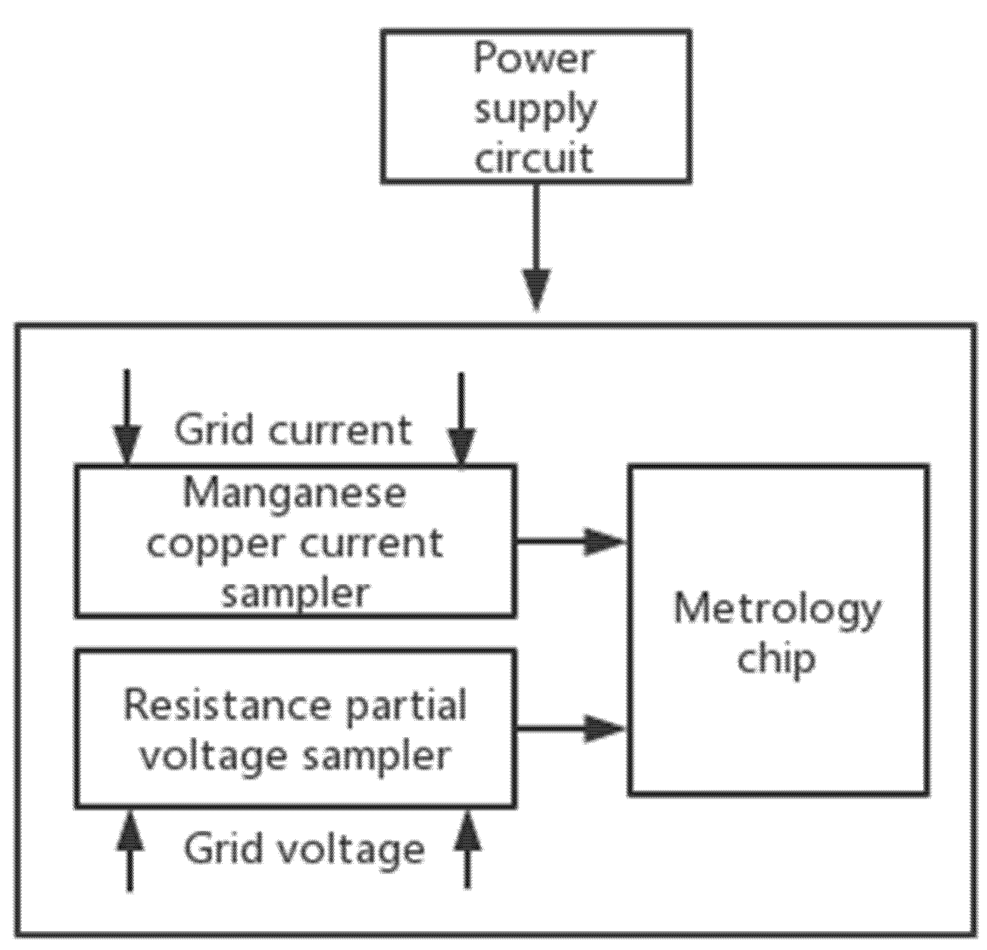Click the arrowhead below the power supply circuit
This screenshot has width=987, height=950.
(536, 289)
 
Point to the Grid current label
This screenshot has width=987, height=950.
(293, 431)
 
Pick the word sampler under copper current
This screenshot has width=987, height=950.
(295, 594)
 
